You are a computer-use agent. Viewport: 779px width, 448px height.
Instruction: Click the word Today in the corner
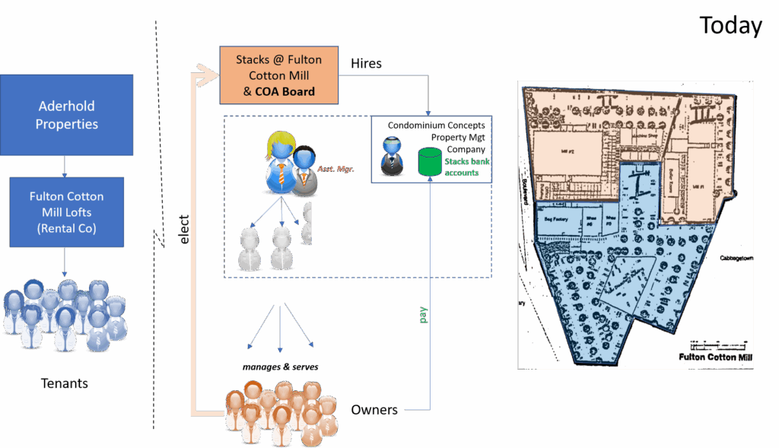click(x=730, y=25)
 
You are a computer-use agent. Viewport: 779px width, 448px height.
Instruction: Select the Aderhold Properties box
click(x=67, y=114)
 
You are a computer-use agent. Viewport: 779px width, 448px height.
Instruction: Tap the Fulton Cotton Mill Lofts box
click(x=67, y=211)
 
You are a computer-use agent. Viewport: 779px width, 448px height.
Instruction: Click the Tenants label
click(x=64, y=383)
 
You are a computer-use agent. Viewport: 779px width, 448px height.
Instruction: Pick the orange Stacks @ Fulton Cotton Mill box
click(x=278, y=75)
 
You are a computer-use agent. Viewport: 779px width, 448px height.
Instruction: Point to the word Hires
click(x=366, y=64)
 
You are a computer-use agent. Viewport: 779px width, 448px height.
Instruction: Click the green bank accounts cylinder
click(x=431, y=161)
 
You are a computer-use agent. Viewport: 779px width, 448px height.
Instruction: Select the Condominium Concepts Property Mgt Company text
click(x=437, y=137)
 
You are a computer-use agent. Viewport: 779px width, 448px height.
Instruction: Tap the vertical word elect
click(x=184, y=229)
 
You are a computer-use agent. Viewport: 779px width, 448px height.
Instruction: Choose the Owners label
click(x=374, y=410)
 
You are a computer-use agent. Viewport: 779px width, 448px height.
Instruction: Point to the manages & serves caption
click(x=280, y=367)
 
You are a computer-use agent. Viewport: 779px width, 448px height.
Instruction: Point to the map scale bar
click(x=719, y=344)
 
